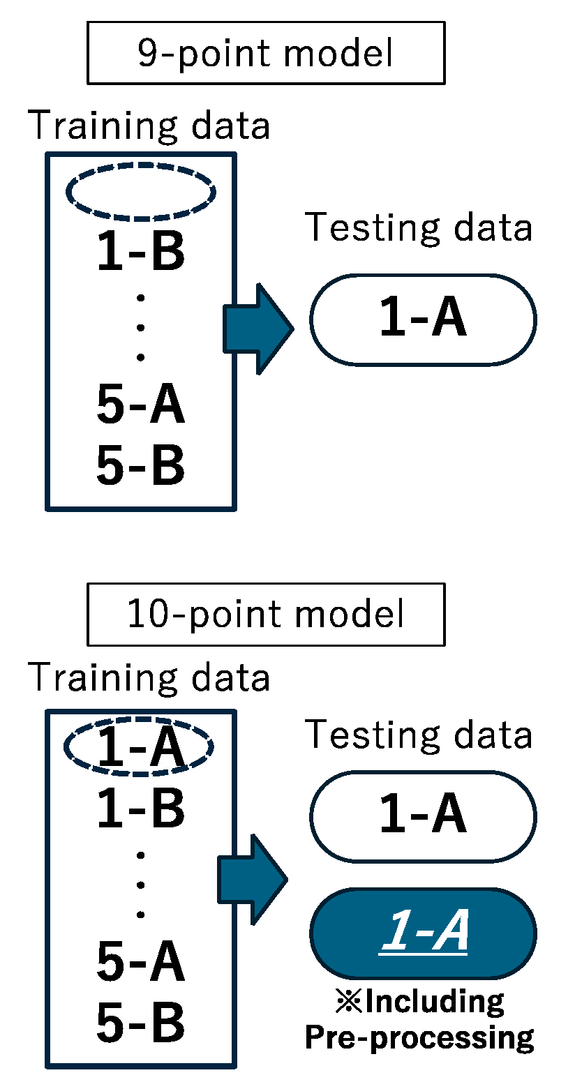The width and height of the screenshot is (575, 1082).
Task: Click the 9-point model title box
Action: tap(266, 53)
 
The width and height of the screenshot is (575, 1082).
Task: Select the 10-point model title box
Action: tap(266, 614)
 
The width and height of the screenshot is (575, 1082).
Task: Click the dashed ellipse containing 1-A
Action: tap(140, 746)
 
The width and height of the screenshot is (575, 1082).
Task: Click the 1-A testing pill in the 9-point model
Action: tap(423, 320)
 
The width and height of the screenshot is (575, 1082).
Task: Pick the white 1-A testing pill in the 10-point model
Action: tap(423, 816)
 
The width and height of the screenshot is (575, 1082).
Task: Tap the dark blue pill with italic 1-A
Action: tap(423, 933)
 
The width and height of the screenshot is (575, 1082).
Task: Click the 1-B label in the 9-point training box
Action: tap(141, 253)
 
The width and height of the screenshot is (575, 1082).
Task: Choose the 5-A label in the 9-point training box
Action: tap(141, 406)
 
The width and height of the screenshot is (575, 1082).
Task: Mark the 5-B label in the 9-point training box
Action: tap(141, 465)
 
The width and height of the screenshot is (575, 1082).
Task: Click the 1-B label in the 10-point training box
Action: tap(141, 808)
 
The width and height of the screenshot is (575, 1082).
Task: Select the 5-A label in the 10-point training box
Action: tap(141, 962)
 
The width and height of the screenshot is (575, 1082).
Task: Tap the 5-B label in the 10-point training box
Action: tap(141, 1022)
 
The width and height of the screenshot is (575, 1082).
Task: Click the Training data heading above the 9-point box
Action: tap(149, 126)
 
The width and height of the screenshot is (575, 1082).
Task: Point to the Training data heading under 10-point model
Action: tap(149, 677)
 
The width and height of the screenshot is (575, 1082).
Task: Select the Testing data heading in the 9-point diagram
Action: tap(419, 228)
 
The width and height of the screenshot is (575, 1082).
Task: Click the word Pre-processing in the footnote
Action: tap(419, 1038)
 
